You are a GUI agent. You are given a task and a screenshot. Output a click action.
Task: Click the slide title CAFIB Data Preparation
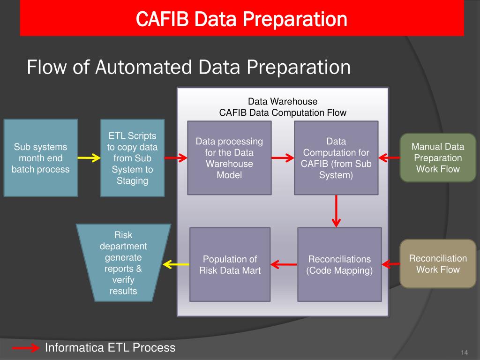[241, 20]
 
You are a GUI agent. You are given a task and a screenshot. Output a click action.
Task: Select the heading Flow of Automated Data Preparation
[188, 67]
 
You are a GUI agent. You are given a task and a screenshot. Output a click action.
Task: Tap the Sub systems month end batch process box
[41, 158]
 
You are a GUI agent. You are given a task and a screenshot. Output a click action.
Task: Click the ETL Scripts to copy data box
[133, 158]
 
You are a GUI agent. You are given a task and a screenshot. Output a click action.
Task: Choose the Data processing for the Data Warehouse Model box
[229, 158]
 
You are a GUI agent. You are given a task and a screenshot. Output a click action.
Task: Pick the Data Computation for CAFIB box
[336, 158]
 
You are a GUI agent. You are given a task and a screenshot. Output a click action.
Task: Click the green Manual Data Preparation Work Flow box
[437, 158]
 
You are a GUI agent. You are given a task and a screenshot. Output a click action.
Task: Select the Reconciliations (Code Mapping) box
[339, 264]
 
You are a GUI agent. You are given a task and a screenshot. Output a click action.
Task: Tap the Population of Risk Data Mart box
[230, 264]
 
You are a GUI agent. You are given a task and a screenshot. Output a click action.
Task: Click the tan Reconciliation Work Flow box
[438, 263]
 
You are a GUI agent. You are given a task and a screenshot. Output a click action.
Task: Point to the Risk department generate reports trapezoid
[123, 262]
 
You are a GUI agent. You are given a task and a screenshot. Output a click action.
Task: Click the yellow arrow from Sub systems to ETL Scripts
[89, 158]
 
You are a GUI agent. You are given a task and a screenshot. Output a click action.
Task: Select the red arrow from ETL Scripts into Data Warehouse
[176, 158]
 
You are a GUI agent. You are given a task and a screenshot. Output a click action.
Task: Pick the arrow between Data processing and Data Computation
[283, 158]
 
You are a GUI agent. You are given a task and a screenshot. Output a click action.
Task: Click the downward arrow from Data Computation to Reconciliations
[336, 210]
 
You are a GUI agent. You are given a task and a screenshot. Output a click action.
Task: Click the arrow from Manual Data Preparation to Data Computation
[388, 158]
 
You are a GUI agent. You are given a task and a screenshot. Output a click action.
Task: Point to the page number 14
[465, 352]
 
